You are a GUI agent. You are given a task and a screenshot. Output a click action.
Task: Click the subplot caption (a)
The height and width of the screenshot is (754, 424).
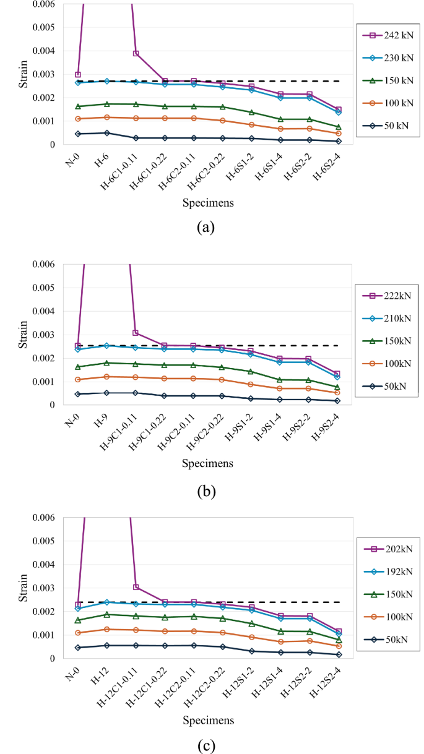(206, 227)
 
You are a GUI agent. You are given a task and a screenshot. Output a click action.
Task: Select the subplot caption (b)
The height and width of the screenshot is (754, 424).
(206, 492)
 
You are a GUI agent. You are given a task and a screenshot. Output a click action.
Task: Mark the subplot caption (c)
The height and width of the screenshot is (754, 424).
(206, 746)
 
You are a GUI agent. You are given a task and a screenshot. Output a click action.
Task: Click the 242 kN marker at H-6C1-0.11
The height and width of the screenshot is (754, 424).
(136, 54)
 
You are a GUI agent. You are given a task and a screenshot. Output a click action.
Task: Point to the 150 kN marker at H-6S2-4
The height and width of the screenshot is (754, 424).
(339, 127)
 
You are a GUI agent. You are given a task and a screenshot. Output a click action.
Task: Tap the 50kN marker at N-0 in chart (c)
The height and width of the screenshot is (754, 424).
(77, 648)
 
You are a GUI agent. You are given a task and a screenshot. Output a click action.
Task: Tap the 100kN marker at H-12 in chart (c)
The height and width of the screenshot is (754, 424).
(106, 629)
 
